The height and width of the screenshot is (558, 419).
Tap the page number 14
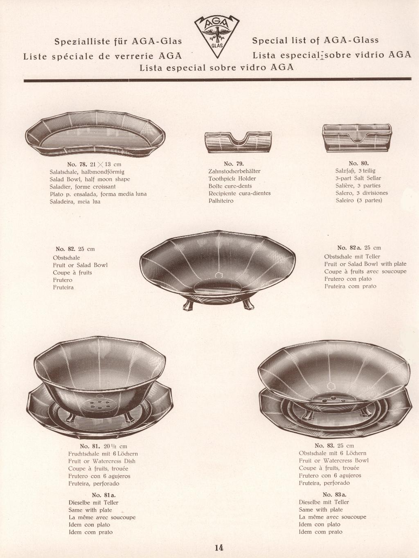[219, 547]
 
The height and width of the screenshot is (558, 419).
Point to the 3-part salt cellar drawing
[357, 137]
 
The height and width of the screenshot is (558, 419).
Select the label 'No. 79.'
[234, 164]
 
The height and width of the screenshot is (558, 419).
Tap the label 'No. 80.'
[358, 163]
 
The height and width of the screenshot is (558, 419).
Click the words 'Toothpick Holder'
[232, 178]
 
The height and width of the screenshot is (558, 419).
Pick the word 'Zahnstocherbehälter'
[234, 171]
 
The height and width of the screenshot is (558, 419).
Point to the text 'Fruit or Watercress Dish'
[101, 461]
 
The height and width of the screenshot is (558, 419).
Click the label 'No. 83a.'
[334, 494]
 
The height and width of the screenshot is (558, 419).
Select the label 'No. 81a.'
[104, 495]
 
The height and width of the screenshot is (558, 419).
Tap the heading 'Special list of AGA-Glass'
[315, 40]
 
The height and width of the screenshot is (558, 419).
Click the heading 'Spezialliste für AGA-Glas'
[118, 41]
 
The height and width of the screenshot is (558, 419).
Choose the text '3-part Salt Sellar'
[358, 178]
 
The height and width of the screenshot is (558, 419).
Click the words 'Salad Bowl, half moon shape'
[90, 179]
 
